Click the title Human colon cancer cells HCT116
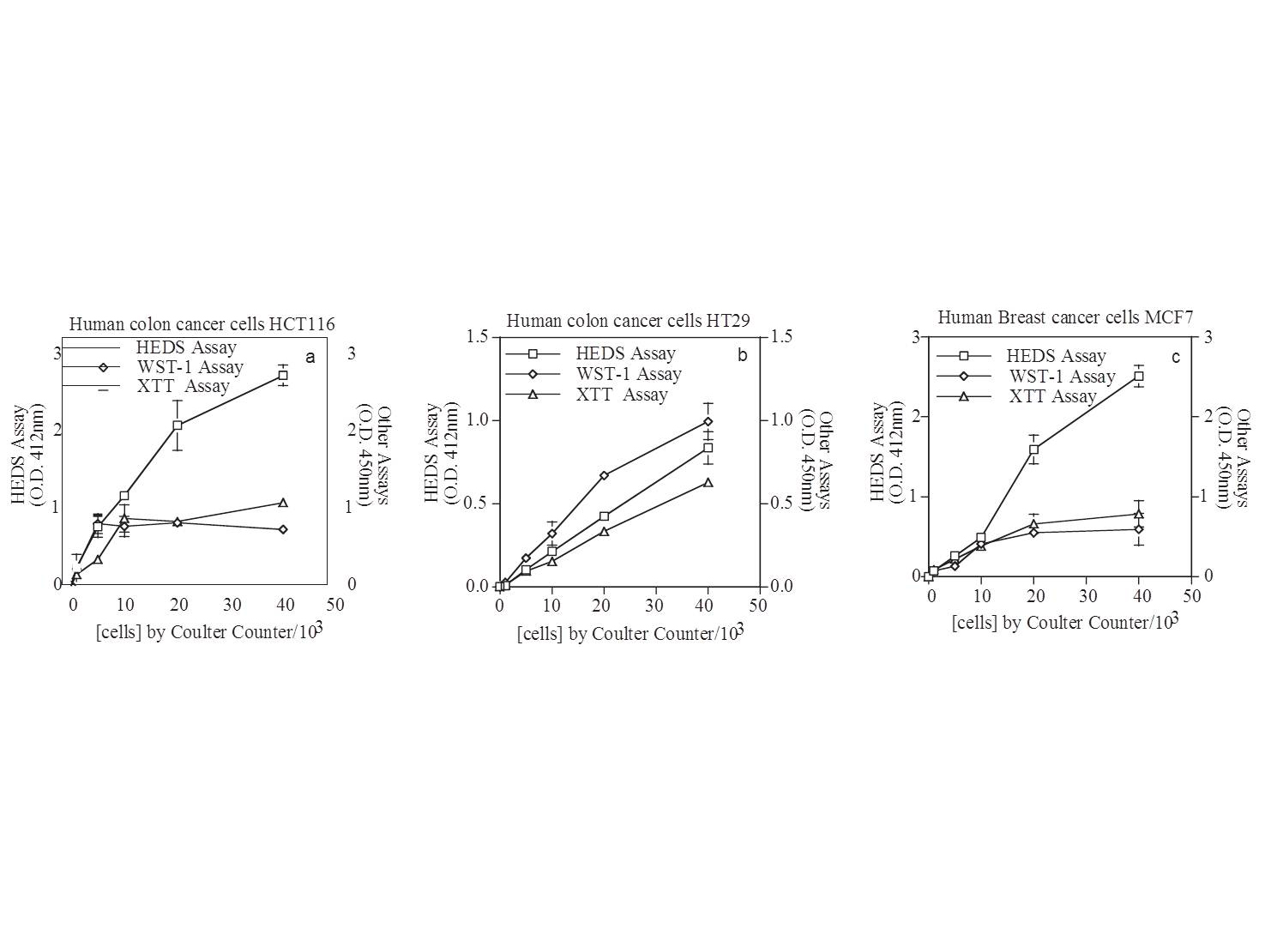coord(202,324)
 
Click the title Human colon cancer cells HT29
coord(628,321)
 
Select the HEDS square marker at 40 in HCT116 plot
coord(283,376)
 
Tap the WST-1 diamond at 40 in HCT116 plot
coord(283,529)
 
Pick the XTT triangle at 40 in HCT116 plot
coord(283,503)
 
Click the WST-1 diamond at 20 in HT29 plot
coord(604,475)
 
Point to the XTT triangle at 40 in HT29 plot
coord(708,482)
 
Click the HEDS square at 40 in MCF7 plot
coord(1139,376)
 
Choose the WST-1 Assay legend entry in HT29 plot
coord(629,374)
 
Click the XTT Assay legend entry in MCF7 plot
coord(1052,396)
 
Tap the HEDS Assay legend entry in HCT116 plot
coord(185,347)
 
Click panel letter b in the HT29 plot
coord(743,355)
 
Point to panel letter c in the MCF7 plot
coord(1175,357)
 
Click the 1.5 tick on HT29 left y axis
coord(476,337)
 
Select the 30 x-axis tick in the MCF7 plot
coord(1087,595)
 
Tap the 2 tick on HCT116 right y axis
coord(352,430)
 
